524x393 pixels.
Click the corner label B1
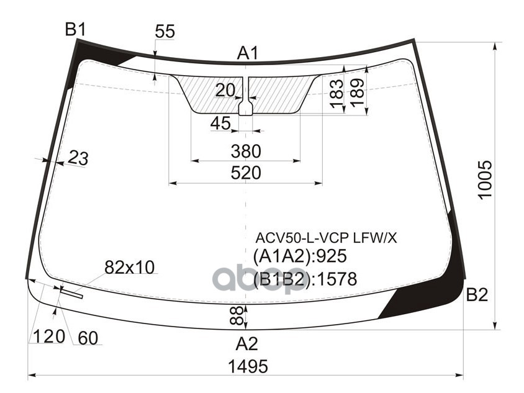point(75,29)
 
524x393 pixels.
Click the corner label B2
point(476,296)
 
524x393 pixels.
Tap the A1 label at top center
point(247,54)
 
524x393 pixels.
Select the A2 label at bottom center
point(246,343)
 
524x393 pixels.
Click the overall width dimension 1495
point(246,366)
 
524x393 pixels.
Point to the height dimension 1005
point(486,180)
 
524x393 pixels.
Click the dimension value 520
point(245,173)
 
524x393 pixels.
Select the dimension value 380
point(245,151)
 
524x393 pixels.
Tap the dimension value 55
point(165,32)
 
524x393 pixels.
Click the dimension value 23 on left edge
point(78,158)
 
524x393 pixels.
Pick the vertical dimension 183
point(336,95)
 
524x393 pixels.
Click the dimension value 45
point(220,124)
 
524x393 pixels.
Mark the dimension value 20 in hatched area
point(225,91)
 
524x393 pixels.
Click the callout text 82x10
point(129,268)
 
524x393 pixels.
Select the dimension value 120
point(49,337)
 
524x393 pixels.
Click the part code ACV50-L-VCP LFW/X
point(326,238)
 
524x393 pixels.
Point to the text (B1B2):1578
point(305,280)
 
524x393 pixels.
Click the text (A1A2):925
point(299,256)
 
